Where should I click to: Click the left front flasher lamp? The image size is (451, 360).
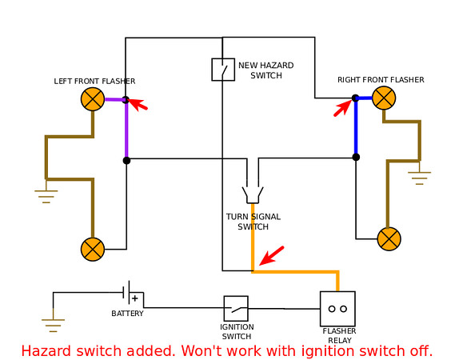93,99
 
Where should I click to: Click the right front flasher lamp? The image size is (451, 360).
384,98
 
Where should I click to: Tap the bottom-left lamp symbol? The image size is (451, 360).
93,250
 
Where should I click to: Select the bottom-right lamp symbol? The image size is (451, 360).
389,239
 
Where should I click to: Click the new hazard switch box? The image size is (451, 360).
223,70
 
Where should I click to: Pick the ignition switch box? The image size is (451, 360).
236,309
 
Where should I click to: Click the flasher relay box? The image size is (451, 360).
337,309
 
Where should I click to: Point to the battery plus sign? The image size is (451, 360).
134,298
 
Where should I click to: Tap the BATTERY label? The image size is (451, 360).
127,314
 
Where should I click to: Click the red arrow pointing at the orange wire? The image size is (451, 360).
272,255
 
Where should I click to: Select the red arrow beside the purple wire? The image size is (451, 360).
138,104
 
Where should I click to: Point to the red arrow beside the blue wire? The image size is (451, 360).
342,108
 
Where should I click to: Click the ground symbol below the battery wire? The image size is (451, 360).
54,326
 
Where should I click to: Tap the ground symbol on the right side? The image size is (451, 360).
419,178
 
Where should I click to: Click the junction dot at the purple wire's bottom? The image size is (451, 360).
126,160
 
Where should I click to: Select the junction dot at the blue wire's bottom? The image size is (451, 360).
356,157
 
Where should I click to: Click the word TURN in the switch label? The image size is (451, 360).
235,217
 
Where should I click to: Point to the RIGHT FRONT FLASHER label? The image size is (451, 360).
381,80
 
